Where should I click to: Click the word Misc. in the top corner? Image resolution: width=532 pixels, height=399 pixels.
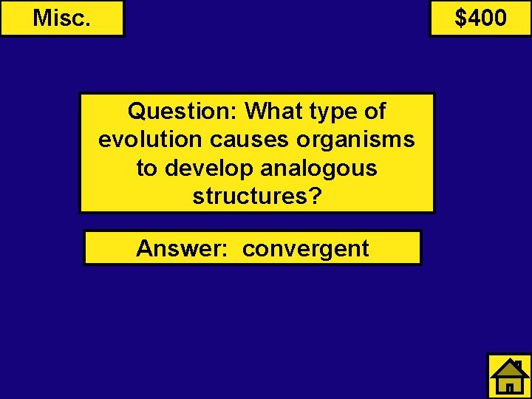click(62, 18)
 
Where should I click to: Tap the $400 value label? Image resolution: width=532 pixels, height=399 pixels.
click(480, 18)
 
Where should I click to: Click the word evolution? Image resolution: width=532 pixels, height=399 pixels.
click(149, 140)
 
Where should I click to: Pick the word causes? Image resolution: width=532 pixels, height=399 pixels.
click(246, 140)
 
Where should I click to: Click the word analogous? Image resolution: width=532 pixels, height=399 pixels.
click(320, 168)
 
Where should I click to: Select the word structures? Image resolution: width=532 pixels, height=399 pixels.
click(257, 197)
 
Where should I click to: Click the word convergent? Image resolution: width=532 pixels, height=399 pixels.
click(306, 249)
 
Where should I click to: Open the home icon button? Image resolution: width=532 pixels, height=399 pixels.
click(509, 376)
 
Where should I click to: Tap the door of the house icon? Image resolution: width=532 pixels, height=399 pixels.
click(510, 386)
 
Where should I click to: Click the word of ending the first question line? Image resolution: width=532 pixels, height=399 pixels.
click(375, 112)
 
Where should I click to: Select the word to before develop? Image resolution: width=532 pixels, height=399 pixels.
click(147, 168)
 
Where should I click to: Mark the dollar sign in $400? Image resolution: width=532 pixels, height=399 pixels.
click(461, 18)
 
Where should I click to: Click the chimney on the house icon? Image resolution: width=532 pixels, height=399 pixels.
click(519, 365)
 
